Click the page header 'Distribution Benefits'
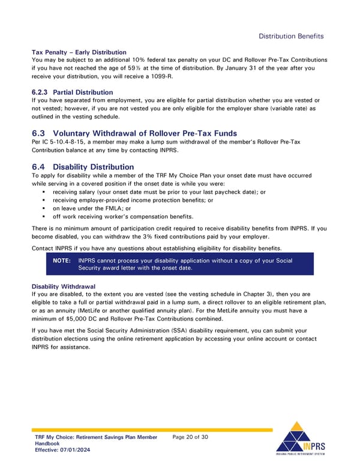(x=291, y=36)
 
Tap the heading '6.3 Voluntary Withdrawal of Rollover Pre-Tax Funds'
(x=134, y=133)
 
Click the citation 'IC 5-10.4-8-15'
(x=62, y=142)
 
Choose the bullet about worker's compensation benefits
(x=123, y=216)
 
